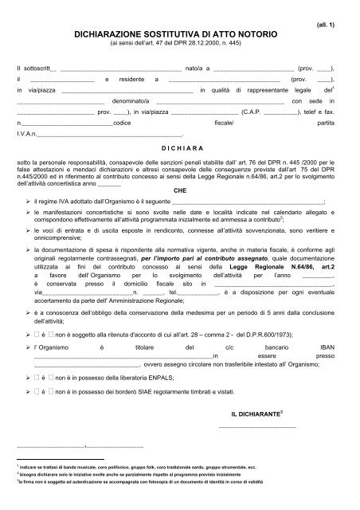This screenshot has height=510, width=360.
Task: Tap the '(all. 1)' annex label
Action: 327,25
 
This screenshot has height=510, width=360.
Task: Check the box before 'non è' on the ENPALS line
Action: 48,392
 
